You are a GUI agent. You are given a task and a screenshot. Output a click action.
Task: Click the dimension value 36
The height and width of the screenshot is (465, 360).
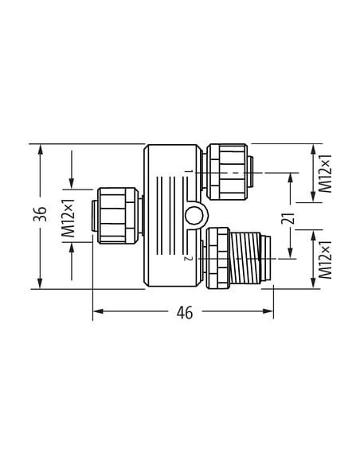40,213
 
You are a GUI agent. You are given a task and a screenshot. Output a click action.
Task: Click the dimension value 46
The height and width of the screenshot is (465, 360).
185,313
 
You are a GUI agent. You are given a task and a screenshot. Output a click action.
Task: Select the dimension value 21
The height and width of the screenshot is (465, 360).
291,218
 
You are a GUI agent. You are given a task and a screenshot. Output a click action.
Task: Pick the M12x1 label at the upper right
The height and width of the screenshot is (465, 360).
325,174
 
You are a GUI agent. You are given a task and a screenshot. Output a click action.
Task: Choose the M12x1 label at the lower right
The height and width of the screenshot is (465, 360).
325,260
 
